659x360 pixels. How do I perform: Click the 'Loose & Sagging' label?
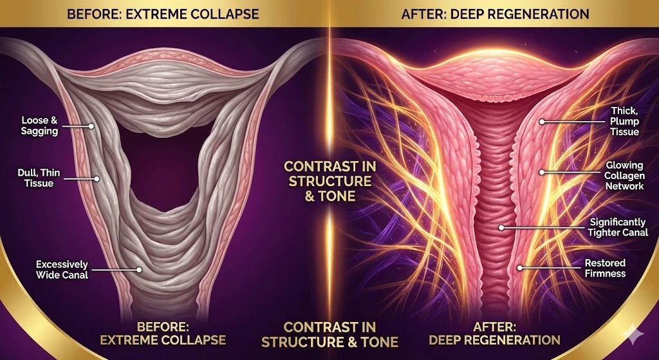click(39, 126)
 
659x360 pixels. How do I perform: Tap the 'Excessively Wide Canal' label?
click(62, 269)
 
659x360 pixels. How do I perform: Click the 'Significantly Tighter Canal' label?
click(618, 227)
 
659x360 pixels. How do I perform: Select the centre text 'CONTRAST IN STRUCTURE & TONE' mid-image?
click(329, 180)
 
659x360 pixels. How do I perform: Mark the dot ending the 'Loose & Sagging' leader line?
click(92, 126)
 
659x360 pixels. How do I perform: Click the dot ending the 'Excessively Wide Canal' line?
click(138, 269)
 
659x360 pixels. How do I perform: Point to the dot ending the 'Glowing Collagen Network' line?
click(542, 172)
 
